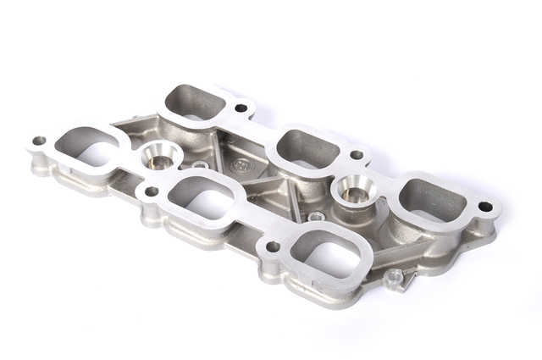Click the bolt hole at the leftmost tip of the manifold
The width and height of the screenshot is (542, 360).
[x=39, y=141]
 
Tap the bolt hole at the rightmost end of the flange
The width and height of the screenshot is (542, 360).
[x=484, y=207]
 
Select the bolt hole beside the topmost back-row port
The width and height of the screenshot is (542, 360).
[x=241, y=108]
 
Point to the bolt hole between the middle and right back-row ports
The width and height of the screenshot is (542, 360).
[x=357, y=155]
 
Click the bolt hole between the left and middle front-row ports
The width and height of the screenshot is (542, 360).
[x=151, y=191]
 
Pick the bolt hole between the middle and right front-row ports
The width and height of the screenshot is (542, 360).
[x=273, y=246]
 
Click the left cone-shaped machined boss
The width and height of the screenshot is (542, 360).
[x=158, y=156]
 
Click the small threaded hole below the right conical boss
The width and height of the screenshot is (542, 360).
[x=316, y=217]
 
